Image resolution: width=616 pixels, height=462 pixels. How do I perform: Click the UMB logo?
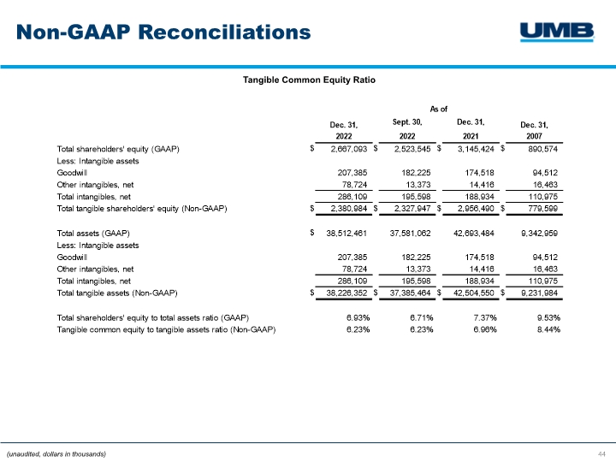click(x=557, y=32)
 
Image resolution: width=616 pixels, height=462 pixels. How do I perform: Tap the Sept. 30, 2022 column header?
click(x=407, y=129)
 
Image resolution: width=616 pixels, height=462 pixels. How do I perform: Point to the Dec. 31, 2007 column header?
click(x=536, y=131)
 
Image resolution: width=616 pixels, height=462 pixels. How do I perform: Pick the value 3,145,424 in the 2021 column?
click(x=472, y=148)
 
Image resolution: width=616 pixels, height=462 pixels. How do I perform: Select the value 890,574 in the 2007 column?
click(x=539, y=148)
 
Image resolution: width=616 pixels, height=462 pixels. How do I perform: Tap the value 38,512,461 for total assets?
click(x=343, y=233)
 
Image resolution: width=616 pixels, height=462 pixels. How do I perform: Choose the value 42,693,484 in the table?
click(x=471, y=233)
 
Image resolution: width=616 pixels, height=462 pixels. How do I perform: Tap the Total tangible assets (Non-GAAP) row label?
click(x=116, y=293)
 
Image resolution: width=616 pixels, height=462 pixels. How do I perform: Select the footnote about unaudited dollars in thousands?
click(x=56, y=453)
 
